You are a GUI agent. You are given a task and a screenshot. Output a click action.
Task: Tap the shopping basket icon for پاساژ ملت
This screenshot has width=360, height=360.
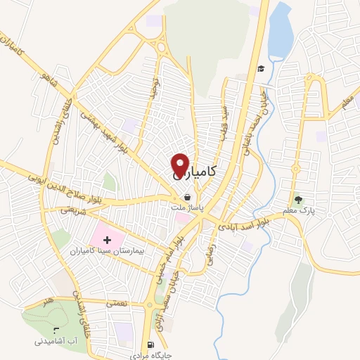click(x=187, y=197)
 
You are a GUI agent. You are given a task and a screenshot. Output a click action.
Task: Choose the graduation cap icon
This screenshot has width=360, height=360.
click(x=261, y=68)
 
